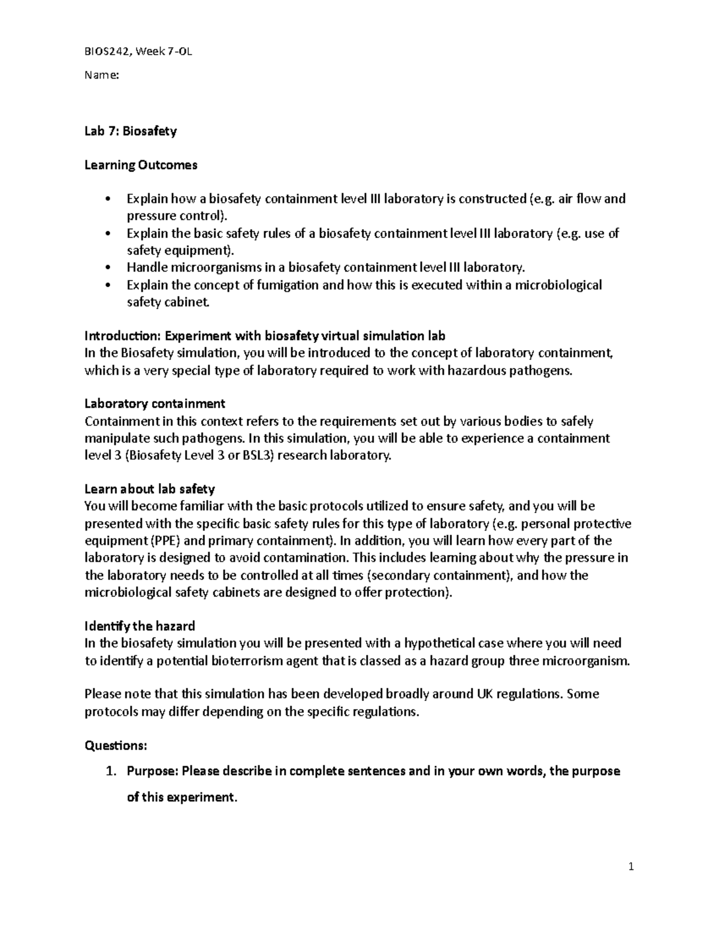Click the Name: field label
point(101,75)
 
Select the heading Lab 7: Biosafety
point(130,131)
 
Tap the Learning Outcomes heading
point(140,165)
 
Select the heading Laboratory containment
point(155,403)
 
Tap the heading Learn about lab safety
point(149,489)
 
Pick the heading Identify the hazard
point(140,626)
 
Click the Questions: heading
point(116,745)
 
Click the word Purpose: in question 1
point(152,772)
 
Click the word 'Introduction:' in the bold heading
point(122,335)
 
